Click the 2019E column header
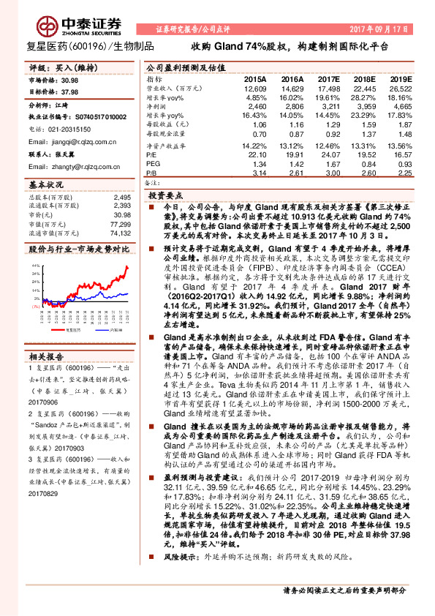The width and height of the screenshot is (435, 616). tap(400, 78)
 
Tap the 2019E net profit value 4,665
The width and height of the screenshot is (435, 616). tap(401, 107)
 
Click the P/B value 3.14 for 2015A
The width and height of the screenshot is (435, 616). tap(258, 174)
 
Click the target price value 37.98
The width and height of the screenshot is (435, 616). tap(71, 92)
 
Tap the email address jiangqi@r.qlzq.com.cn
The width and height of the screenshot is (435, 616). tap(70, 142)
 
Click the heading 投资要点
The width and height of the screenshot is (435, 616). tap(164, 196)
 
